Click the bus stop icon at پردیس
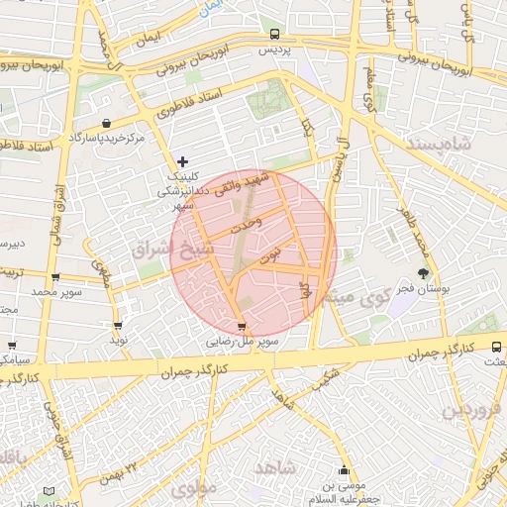pos(274,33)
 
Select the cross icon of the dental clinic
pos(181,161)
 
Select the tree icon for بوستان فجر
pos(425,273)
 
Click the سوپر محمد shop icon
pos(54,278)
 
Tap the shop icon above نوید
pos(119,326)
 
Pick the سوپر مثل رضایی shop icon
pos(242,327)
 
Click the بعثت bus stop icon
pos(496,348)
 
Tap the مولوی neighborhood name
pos(192,488)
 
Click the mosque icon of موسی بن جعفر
pos(344,470)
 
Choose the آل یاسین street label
pos(339,161)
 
